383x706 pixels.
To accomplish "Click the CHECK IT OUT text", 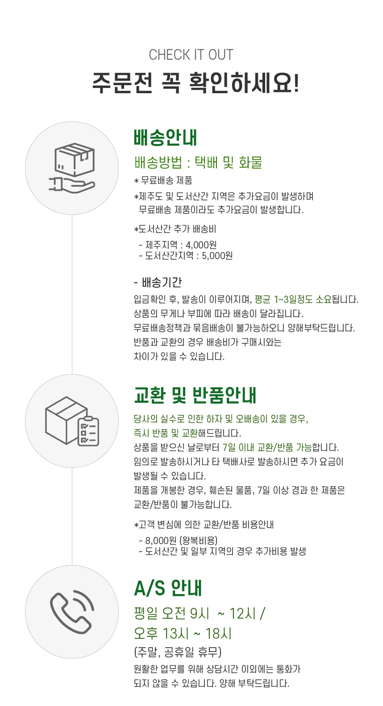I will click(191, 55).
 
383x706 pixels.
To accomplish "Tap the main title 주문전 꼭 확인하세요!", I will click(196, 83).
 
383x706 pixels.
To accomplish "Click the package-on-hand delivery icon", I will click(72, 168).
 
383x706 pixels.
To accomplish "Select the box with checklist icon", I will click(72, 421).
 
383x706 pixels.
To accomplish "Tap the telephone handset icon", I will click(72, 611).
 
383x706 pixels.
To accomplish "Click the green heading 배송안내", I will click(166, 138).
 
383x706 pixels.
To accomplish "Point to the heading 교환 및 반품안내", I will click(195, 395).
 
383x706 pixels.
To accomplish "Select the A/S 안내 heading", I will click(168, 589).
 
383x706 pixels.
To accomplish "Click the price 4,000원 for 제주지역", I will click(201, 245).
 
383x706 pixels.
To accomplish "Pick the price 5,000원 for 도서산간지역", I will click(217, 256).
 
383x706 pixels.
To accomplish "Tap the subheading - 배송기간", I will click(158, 282).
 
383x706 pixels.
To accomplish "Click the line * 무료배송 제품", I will click(163, 181).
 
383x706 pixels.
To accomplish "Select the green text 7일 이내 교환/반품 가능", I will click(267, 447).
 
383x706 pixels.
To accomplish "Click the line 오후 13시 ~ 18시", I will click(183, 633).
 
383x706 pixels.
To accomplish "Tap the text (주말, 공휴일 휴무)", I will click(178, 652).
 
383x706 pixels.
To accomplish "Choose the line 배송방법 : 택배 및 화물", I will click(198, 162).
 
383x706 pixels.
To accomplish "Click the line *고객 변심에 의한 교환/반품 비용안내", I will click(204, 524).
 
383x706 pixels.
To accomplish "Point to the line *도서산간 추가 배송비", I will click(175, 229).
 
